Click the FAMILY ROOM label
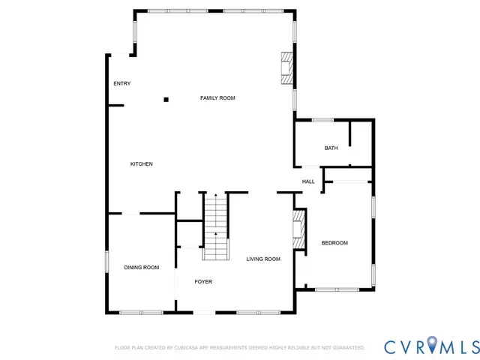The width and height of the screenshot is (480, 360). (217, 98)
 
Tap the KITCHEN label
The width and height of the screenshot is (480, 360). (142, 164)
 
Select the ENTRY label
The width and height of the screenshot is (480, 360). (121, 83)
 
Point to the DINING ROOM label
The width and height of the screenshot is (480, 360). (142, 268)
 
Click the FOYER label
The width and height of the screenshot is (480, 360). (203, 282)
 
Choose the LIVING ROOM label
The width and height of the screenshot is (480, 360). (263, 259)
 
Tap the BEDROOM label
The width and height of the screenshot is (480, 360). (334, 243)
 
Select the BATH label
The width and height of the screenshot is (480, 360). (331, 148)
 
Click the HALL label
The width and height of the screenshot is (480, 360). (308, 181)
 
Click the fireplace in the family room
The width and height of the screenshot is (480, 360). (285, 69)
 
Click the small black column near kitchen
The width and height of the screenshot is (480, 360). (166, 99)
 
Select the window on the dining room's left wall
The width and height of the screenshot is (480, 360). (107, 265)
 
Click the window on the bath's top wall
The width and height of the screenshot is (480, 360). (322, 120)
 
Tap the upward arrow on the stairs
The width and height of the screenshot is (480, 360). (216, 235)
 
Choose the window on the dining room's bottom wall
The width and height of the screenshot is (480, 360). (141, 312)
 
